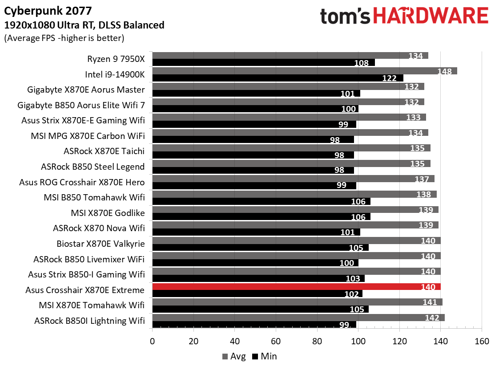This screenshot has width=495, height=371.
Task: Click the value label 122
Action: pos(389,78)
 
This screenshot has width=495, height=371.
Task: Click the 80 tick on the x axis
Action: pos(317,342)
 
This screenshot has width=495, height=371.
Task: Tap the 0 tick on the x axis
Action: pos(153,342)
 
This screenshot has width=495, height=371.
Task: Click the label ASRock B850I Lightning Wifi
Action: pos(89,321)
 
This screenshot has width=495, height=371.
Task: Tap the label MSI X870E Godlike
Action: pos(108,213)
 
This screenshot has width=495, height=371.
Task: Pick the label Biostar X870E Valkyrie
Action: pos(101,244)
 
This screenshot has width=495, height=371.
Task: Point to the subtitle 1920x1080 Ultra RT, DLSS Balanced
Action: pos(84,25)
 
